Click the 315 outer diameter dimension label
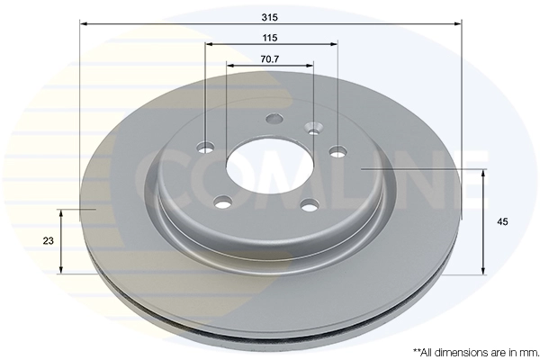(269, 17)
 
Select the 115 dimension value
(270, 38)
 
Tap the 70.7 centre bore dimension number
(270, 59)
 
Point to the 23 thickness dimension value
(49, 241)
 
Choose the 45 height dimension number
(502, 222)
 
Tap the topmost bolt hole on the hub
(274, 119)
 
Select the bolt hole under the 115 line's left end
(206, 148)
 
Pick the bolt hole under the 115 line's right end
(337, 151)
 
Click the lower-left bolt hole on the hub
(223, 202)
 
